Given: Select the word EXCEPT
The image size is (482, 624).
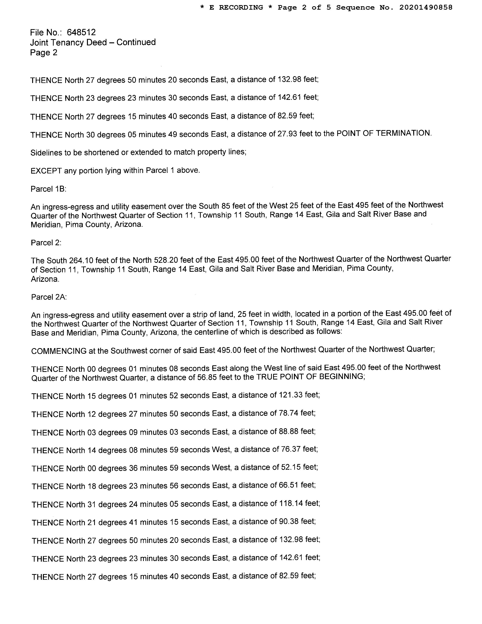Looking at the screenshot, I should (46, 171).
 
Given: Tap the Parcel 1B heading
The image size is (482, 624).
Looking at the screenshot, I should (49, 189).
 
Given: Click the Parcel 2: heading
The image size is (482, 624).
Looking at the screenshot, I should (46, 243).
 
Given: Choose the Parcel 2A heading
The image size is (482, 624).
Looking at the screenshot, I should (49, 297).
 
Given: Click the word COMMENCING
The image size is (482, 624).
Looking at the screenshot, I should (59, 351).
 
